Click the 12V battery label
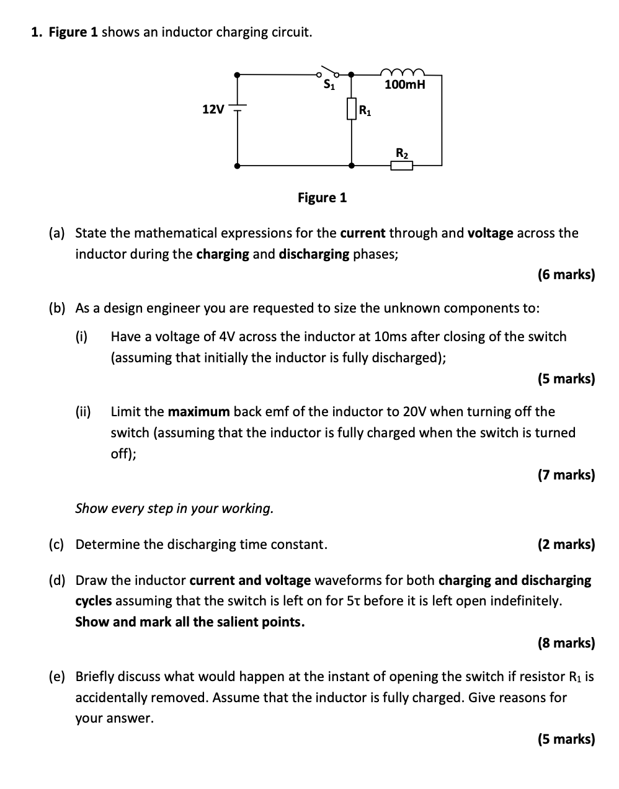pyautogui.click(x=213, y=110)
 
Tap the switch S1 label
pyautogui.click(x=329, y=85)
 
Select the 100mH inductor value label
pyautogui.click(x=404, y=84)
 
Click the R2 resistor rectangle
pyautogui.click(x=401, y=165)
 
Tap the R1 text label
pyautogui.click(x=365, y=112)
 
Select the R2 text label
pyautogui.click(x=402, y=153)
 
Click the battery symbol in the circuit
pyautogui.click(x=238, y=108)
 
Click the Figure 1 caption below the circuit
pyautogui.click(x=322, y=198)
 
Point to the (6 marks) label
pyautogui.click(x=566, y=274)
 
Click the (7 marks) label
pyautogui.click(x=566, y=475)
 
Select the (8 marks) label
pyautogui.click(x=566, y=643)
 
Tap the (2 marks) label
pyautogui.click(x=566, y=545)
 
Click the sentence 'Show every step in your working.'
pyautogui.click(x=174, y=509)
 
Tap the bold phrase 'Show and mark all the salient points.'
pyautogui.click(x=190, y=622)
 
